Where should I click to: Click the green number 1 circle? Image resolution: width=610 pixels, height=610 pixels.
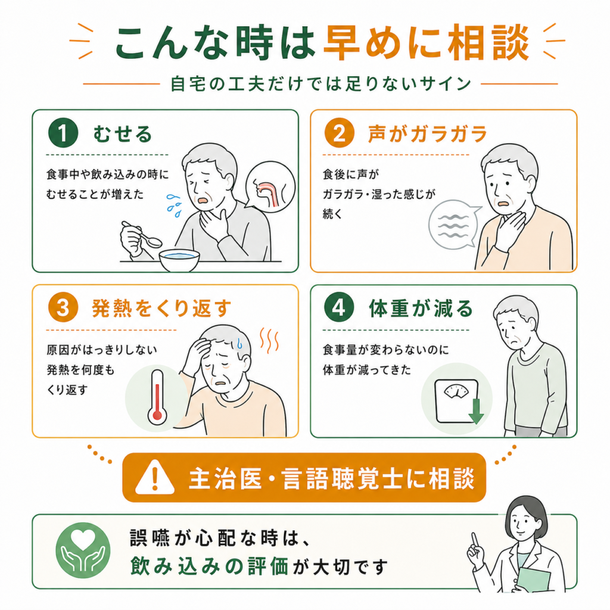point(63,133)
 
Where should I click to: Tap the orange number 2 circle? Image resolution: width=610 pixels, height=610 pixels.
point(339,133)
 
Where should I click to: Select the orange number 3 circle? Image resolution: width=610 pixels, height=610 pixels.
point(63,308)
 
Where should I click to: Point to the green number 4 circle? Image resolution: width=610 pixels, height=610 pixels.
point(339,308)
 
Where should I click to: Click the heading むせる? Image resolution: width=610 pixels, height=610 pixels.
point(123,133)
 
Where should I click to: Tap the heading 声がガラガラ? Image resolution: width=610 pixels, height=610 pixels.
point(428,133)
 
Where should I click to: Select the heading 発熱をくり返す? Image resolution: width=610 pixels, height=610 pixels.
point(161,309)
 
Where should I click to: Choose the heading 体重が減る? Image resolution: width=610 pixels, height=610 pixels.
point(421,309)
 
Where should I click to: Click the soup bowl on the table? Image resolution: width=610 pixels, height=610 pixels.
point(179,260)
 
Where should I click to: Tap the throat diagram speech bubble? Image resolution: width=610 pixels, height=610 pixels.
point(270,186)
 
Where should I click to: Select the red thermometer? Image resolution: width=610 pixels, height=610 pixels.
point(157,397)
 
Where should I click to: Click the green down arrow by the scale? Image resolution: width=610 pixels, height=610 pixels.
point(476,411)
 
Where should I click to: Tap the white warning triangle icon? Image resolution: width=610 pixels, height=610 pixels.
point(155,477)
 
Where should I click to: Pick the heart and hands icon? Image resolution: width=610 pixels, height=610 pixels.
point(83,550)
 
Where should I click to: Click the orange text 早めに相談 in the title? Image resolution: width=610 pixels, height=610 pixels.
point(426,42)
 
